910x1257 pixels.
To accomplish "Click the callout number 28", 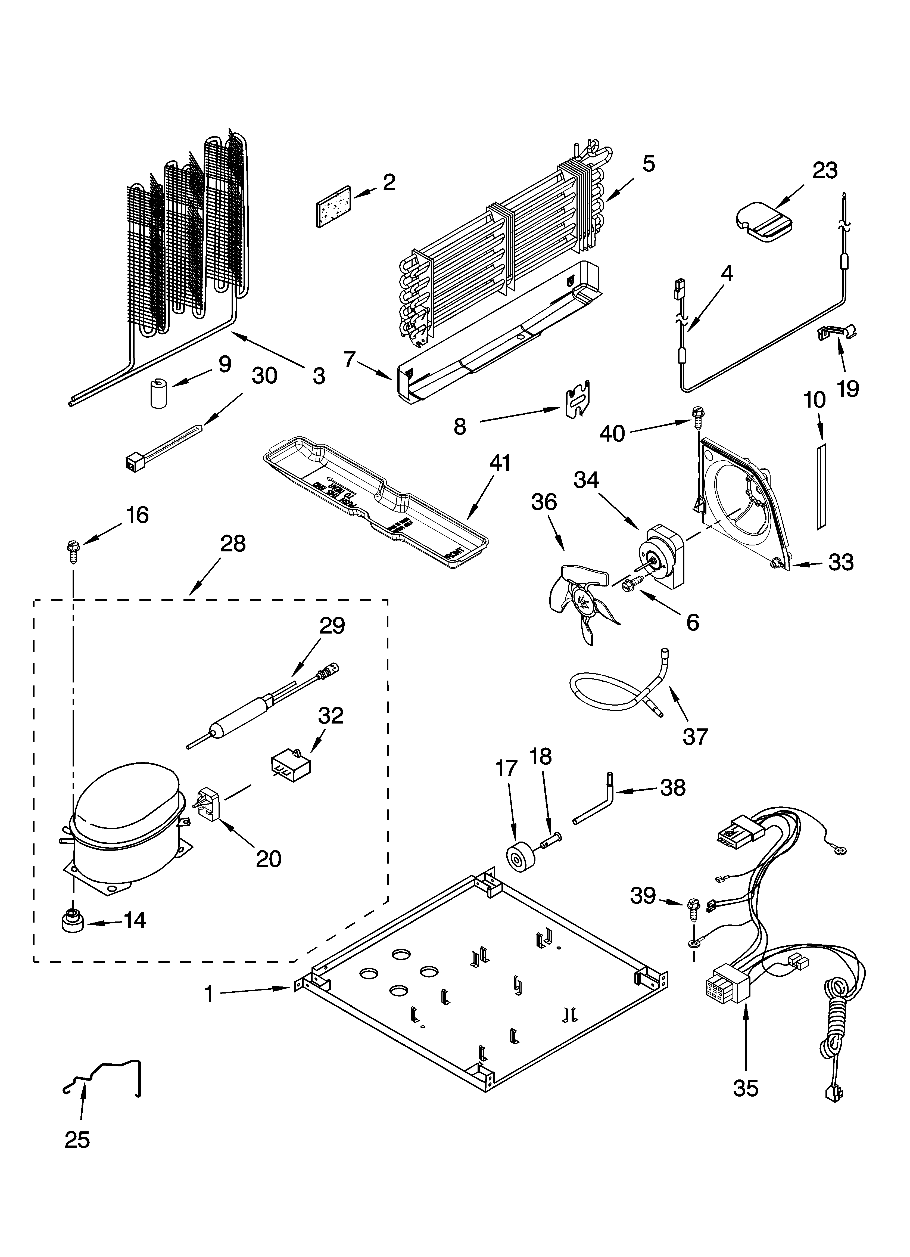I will click(233, 544).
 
